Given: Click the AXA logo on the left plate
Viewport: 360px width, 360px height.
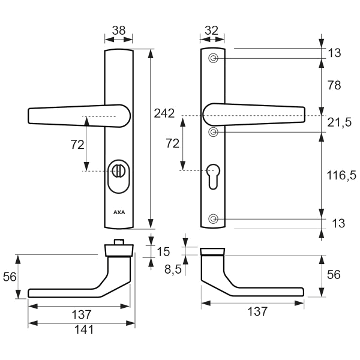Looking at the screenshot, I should (x=119, y=212).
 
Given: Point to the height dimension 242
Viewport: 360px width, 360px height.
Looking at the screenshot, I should (x=164, y=113).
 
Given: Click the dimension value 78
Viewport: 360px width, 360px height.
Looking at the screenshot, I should (x=334, y=85).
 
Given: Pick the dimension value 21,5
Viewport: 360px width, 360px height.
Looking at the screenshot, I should (x=340, y=122).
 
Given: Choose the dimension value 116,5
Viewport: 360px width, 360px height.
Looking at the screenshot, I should (x=340, y=175).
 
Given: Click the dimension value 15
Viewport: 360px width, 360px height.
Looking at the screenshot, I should (x=163, y=251).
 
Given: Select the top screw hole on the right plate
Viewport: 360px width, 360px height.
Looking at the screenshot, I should (x=213, y=58).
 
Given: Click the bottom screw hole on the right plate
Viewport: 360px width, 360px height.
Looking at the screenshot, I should (x=213, y=219).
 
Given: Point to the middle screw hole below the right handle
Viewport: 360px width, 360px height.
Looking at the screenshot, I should (x=213, y=131).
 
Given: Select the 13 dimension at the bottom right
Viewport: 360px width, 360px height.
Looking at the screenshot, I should (x=338, y=224).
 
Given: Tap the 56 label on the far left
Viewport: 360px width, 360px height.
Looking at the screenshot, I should (x=10, y=276).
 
